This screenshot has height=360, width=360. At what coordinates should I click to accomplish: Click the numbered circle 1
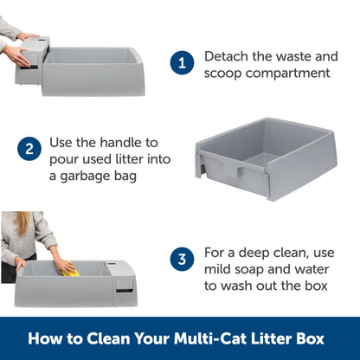pos(182,63)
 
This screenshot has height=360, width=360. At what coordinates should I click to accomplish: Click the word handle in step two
pos(112,140)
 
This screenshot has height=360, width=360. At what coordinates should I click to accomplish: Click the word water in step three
pos(316,268)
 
